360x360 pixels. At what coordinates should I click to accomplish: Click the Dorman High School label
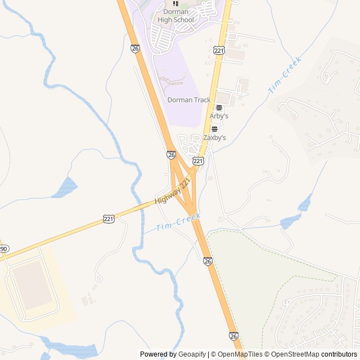point(175,16)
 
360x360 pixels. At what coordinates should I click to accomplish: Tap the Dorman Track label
point(189,100)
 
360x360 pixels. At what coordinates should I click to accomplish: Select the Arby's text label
point(219,116)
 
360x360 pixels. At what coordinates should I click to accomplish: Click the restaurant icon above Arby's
point(219,107)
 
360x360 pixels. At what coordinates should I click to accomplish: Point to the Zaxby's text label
point(214,137)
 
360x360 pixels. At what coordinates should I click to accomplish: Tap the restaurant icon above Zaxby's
point(214,129)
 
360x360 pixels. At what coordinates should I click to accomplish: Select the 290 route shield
point(3,248)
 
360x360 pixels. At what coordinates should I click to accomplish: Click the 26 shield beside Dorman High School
point(135,49)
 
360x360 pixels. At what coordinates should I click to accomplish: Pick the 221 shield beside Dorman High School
point(219,50)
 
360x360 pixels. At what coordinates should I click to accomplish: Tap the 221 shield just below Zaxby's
point(198,161)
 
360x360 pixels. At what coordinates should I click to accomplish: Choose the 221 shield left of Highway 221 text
point(109,218)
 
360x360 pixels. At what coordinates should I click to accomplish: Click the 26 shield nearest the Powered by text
point(234,336)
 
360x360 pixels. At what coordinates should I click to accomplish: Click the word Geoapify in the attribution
point(192,354)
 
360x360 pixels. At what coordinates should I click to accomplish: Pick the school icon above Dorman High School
point(175,3)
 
